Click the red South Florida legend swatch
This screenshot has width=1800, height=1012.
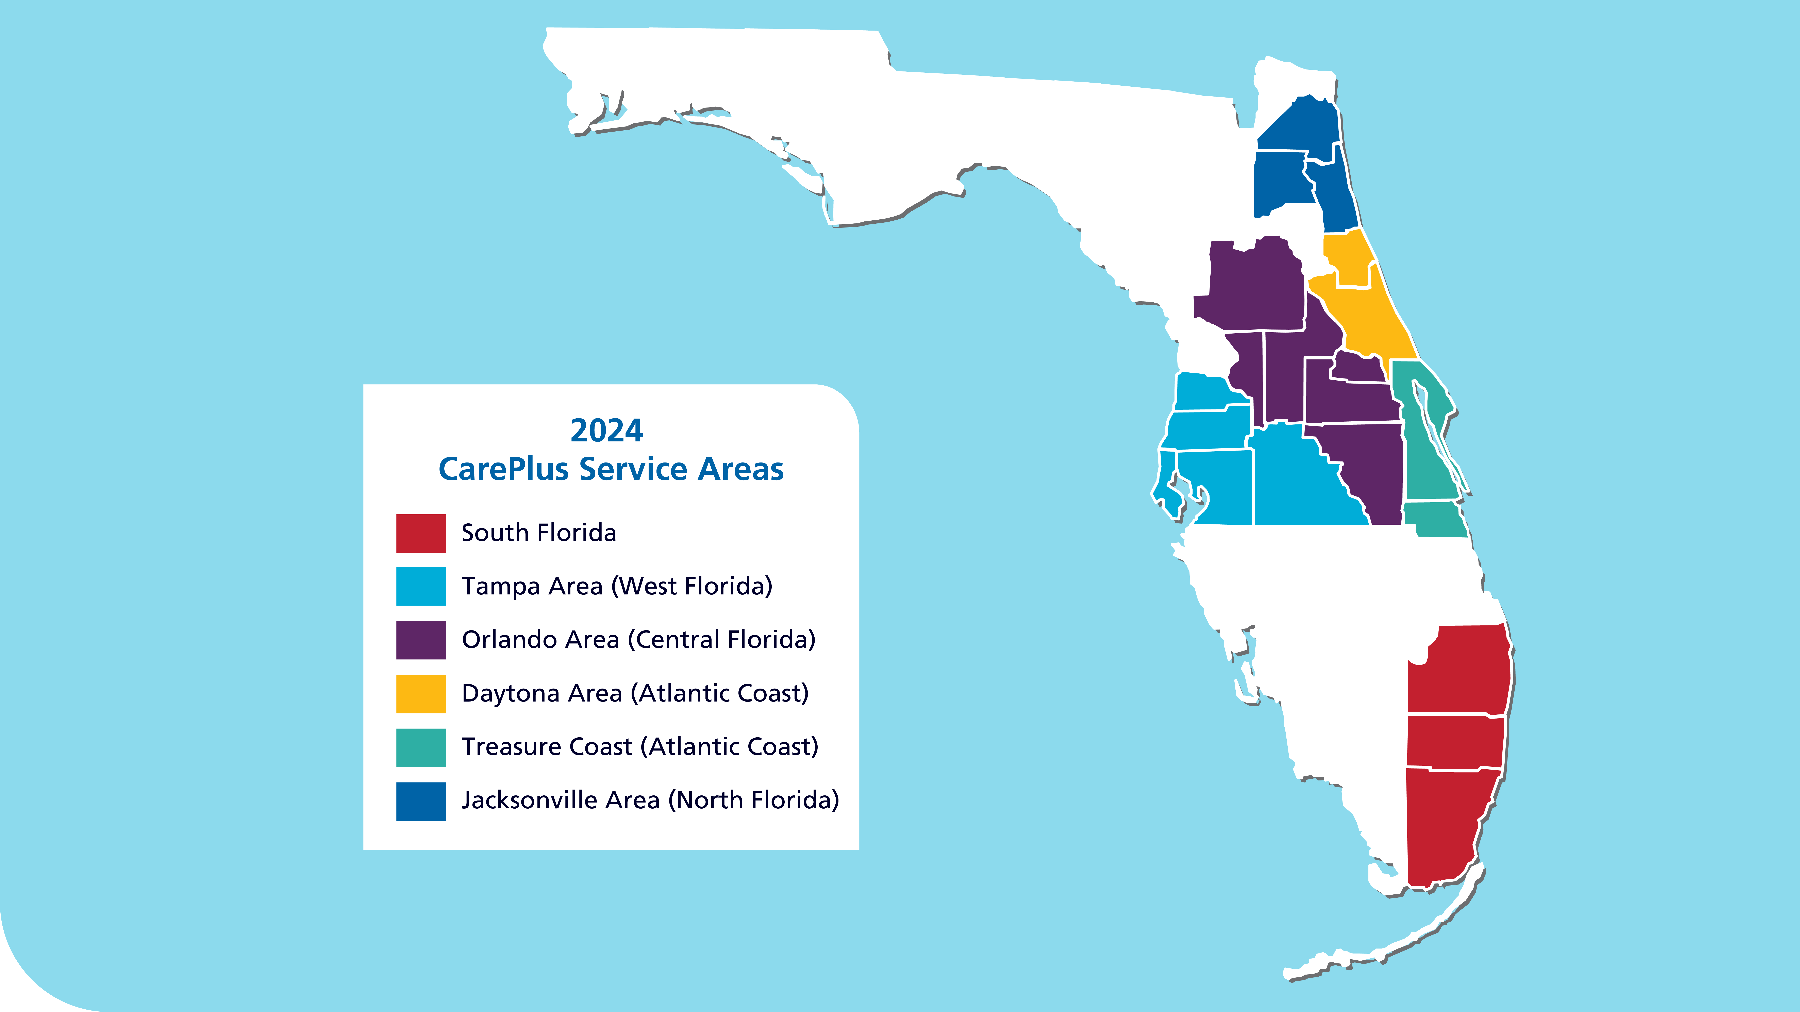pyautogui.click(x=421, y=533)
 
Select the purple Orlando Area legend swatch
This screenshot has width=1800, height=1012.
pyautogui.click(x=421, y=640)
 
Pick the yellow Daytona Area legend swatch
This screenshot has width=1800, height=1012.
pyautogui.click(x=421, y=693)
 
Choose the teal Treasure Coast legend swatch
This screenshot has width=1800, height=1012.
pyautogui.click(x=421, y=747)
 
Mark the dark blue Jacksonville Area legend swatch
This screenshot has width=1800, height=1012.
pyautogui.click(x=421, y=801)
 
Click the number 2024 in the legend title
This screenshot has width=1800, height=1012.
pyautogui.click(x=606, y=431)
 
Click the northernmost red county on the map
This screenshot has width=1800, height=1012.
pyautogui.click(x=1460, y=671)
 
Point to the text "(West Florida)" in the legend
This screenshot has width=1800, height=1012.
pyautogui.click(x=692, y=586)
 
